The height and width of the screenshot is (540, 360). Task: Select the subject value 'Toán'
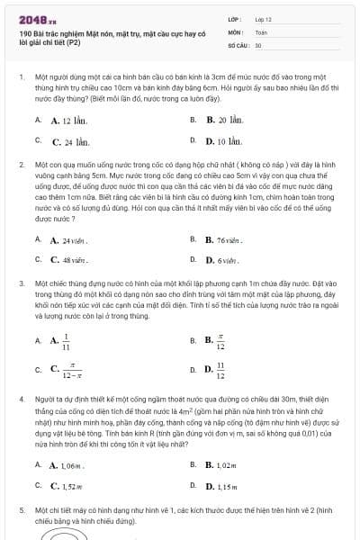pos(261,31)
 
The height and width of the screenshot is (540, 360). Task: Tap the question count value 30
pos(258,44)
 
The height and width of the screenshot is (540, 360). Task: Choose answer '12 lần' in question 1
pos(67,120)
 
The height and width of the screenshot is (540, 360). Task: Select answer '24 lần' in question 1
pos(69,141)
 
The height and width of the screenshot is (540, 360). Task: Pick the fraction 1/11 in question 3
pos(65,341)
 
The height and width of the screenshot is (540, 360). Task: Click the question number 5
pos(21,509)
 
